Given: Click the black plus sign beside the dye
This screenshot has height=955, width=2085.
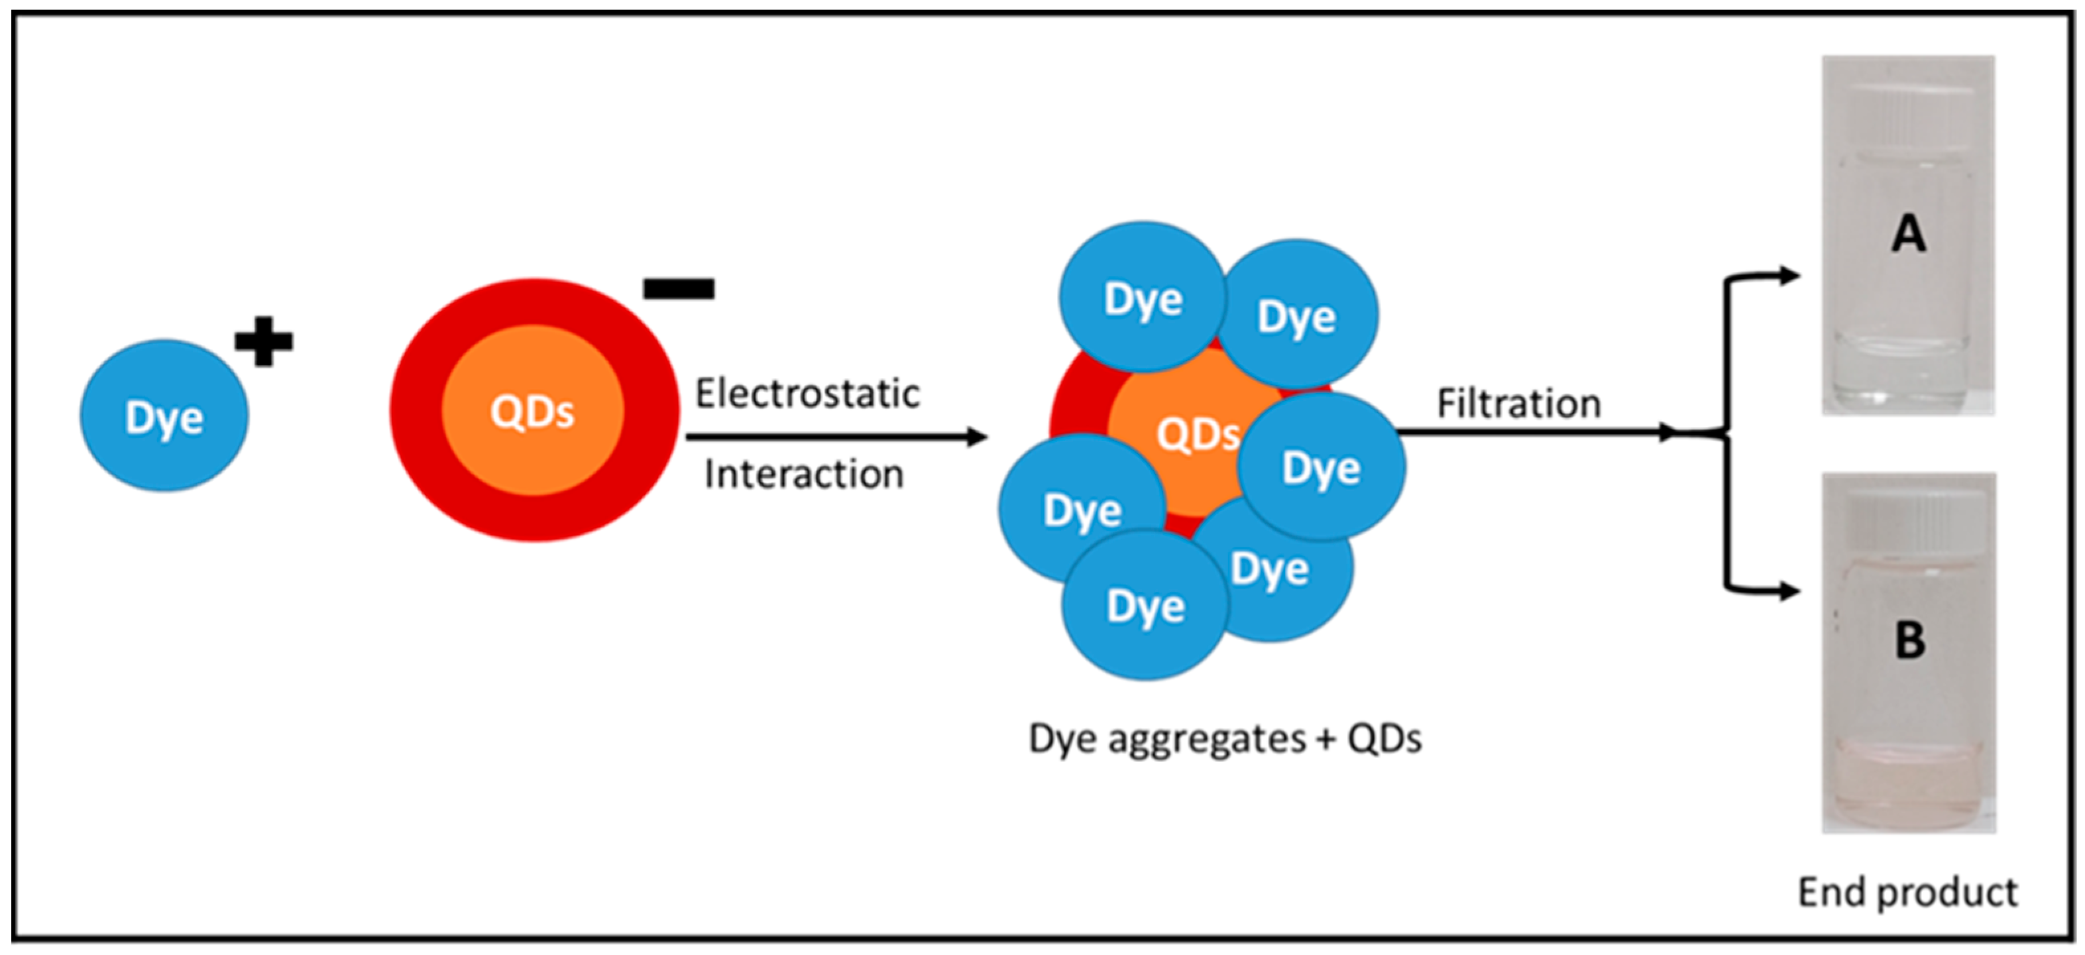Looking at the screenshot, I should [x=263, y=341].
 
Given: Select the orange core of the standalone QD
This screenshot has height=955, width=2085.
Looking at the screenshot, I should [x=533, y=411].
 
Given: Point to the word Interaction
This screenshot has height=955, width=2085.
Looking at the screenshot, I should [x=804, y=475].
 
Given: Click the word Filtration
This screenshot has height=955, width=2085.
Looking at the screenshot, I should [x=1518, y=403].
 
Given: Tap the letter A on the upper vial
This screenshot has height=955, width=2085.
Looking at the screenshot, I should [x=1908, y=235].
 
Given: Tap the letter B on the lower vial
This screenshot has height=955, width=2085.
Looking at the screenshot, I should [x=1909, y=640].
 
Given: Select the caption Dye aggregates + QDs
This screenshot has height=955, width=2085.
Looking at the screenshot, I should [x=1225, y=738].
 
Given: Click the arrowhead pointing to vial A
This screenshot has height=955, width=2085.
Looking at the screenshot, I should [x=1789, y=276].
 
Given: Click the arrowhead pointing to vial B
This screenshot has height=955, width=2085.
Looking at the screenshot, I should [x=1789, y=592].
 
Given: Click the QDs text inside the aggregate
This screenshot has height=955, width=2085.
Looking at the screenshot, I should [x=1196, y=435].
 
